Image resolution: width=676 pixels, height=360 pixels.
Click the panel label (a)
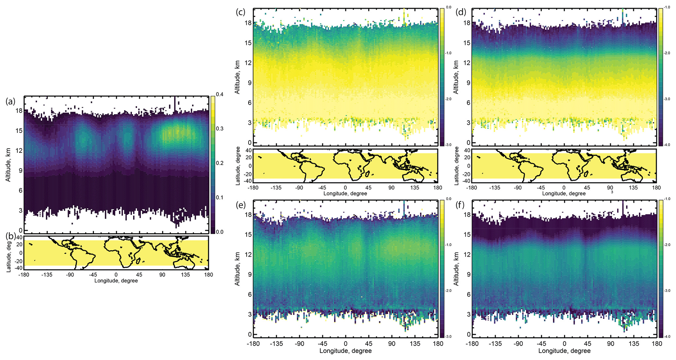point(10,101)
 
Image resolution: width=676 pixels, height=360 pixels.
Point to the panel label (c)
point(240,12)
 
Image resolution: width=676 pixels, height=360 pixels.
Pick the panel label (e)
point(240,205)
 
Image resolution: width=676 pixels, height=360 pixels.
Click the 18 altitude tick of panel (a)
point(19,111)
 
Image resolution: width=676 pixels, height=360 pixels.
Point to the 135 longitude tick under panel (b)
point(185,275)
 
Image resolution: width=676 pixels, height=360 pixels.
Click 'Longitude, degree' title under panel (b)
point(116,281)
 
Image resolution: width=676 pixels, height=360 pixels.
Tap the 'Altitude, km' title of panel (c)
point(237,77)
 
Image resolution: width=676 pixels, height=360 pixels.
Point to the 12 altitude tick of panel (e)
point(248,255)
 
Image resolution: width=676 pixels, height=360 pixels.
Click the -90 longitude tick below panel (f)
point(518,344)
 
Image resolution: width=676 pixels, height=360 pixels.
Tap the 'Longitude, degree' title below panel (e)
point(346,351)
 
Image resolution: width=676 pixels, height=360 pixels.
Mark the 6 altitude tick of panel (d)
point(469,103)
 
